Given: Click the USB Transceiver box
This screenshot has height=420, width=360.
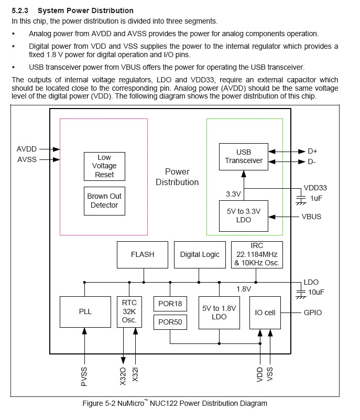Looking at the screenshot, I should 244,156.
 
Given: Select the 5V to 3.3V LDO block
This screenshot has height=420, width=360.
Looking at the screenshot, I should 244,216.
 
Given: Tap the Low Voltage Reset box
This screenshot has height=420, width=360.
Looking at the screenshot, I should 104,166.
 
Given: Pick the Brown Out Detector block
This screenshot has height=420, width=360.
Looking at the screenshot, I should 104,200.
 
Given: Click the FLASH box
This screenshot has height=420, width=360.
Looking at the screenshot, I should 143,254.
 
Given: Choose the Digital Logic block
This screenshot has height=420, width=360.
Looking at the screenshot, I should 200,254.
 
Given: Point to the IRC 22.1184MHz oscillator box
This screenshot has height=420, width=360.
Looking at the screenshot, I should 257,254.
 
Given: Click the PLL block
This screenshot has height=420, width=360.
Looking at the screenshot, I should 85,311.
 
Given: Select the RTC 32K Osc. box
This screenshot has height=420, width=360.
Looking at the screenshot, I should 129,311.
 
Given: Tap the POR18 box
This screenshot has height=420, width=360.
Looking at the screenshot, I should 170,304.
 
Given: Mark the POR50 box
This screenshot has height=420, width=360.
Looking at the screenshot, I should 170,322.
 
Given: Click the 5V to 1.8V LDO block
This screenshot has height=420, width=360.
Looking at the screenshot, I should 219,313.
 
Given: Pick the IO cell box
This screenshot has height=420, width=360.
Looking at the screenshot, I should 265,313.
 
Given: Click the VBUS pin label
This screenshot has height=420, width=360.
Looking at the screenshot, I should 311,216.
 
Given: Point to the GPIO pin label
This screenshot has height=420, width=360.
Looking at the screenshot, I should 313,313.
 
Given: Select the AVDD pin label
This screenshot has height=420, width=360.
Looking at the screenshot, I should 27,149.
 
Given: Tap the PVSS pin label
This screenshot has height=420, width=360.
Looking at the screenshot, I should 84,376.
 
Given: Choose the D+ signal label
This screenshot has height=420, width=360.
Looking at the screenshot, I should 313,151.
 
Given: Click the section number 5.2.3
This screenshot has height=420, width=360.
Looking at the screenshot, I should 21,10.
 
